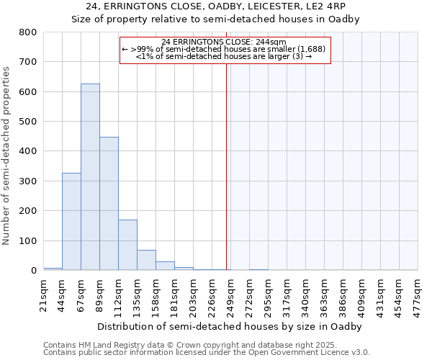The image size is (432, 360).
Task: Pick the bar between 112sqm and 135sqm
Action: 127,245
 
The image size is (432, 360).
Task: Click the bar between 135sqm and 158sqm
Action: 146,260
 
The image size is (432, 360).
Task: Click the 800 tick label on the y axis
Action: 27,32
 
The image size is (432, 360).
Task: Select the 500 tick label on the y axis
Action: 27,122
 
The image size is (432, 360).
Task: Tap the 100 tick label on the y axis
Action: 27,240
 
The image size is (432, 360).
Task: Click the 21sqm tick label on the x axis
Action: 44,294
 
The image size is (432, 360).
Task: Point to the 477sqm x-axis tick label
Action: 418,294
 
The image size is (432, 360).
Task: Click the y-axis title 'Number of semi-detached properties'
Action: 7,155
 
